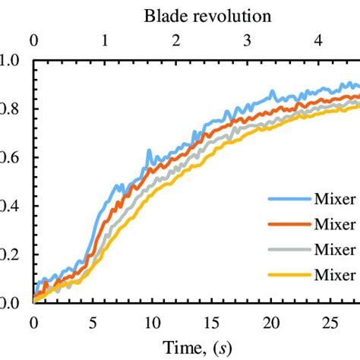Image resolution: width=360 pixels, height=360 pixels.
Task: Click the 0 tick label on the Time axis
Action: click(33, 321)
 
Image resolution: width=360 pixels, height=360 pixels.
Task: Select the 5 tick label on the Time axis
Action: click(93, 321)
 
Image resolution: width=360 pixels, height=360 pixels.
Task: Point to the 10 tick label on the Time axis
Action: click(152, 321)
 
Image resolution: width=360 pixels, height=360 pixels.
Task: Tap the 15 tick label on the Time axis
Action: click(211, 321)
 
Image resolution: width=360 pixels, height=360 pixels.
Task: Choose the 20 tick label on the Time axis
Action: click(270, 321)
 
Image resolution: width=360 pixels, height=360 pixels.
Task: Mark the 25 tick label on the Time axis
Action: click(330, 321)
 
